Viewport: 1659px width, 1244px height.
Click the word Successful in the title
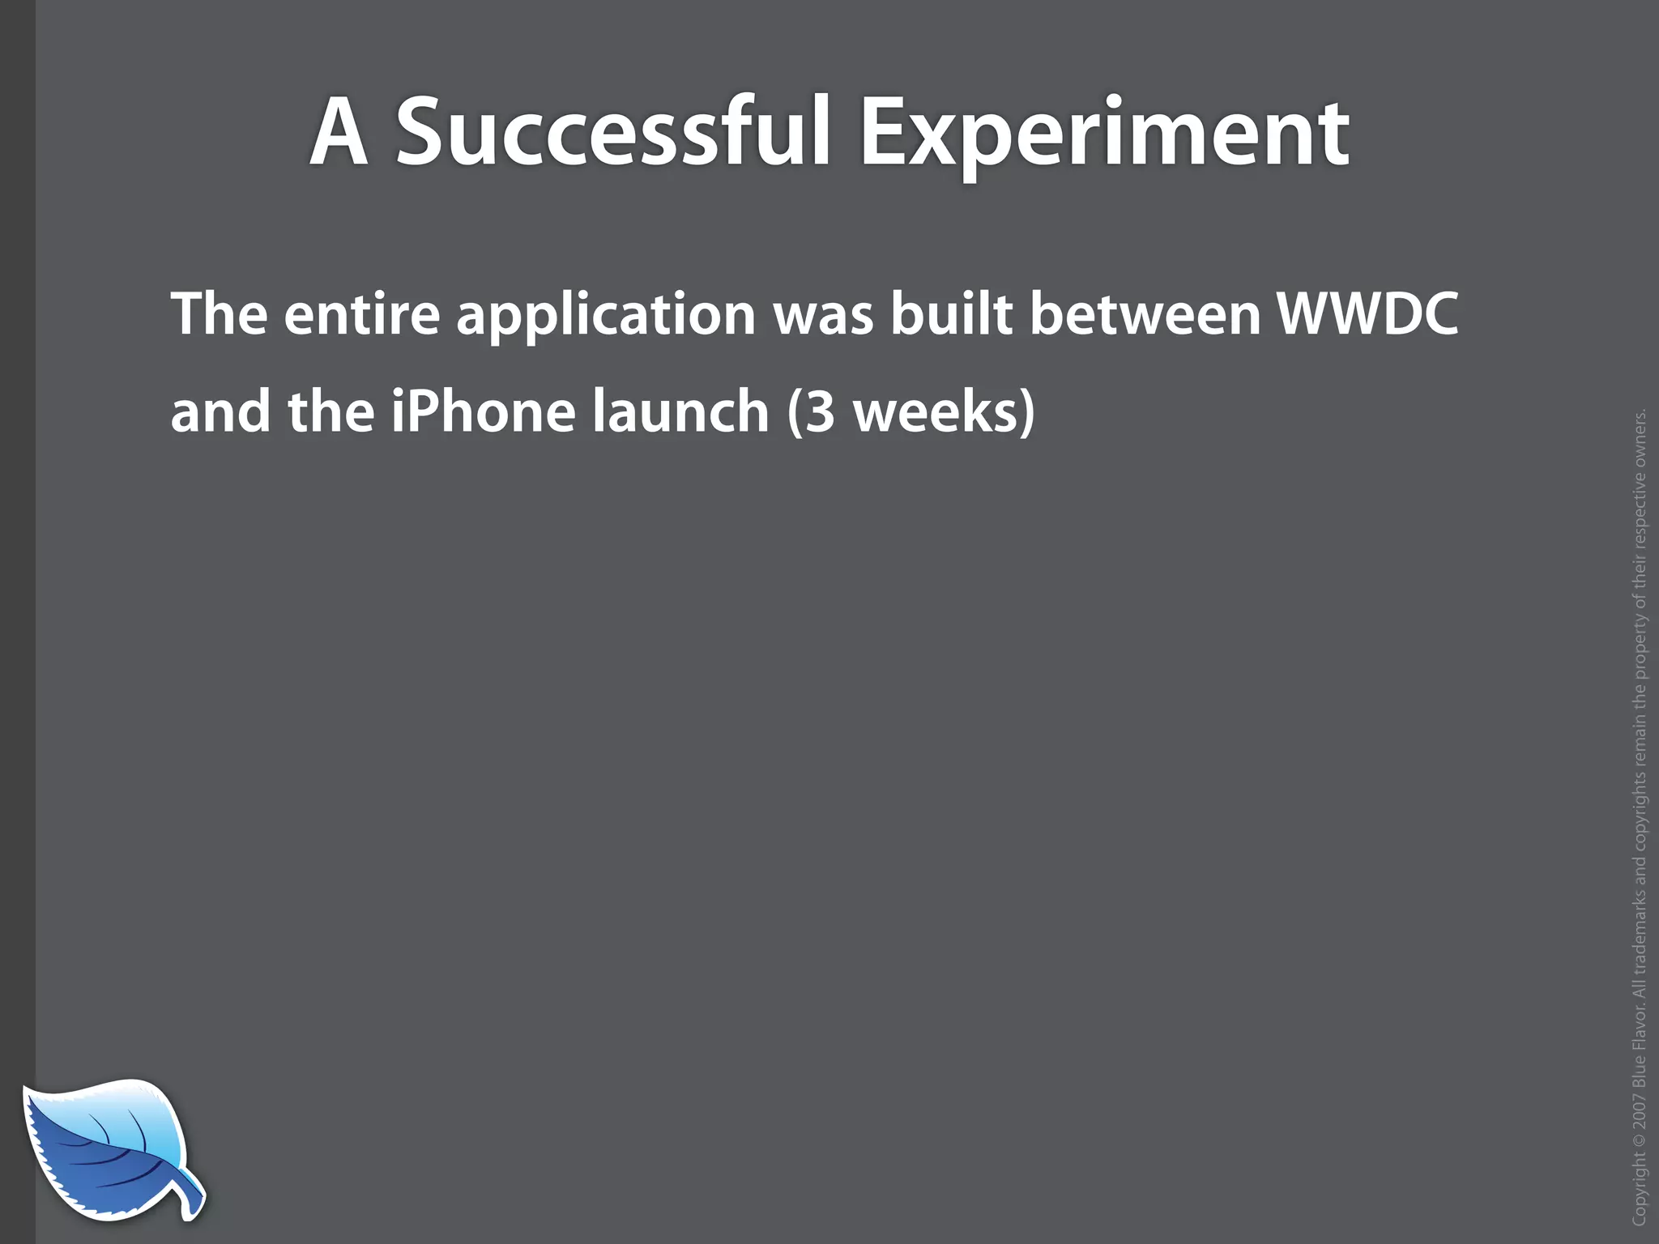(612, 132)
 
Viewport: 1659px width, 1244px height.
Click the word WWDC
(1368, 313)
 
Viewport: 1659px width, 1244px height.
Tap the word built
(951, 313)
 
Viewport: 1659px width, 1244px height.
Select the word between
(1145, 313)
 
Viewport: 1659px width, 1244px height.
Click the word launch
(679, 411)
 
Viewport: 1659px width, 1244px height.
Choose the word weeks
(935, 411)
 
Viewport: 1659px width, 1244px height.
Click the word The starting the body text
(219, 313)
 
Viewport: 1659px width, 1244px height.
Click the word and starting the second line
(220, 411)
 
